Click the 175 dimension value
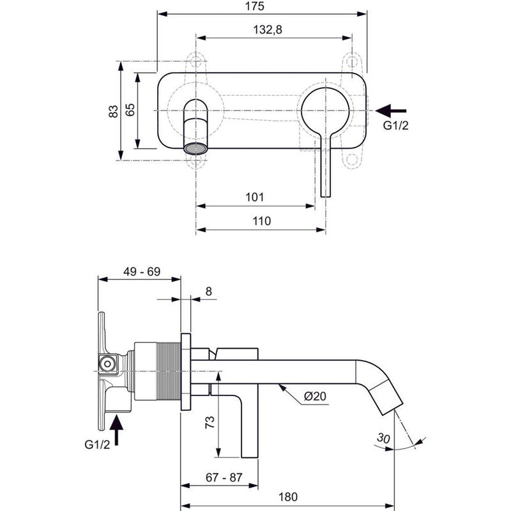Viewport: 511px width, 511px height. coord(254,6)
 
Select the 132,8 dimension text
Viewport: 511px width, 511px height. coord(267,29)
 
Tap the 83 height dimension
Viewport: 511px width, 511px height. coord(113,111)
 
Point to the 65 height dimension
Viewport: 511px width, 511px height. coord(130,110)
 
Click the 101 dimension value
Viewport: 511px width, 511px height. coord(254,197)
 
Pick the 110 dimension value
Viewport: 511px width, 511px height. coord(262,221)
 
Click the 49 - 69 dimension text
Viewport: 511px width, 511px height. coord(142,271)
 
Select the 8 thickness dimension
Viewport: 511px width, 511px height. coord(209,291)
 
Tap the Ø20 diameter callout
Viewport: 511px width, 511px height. coord(315,396)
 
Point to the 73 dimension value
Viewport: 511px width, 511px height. coord(210,422)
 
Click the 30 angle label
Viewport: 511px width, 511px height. coord(383,438)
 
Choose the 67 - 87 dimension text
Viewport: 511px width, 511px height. coord(224,477)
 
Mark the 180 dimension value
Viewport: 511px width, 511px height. coord(288,497)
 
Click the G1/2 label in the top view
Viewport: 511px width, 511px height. coord(395,125)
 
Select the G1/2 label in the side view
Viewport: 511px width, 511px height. coord(97,444)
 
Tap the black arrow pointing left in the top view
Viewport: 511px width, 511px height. coord(391,111)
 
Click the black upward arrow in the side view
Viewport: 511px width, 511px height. coord(116,429)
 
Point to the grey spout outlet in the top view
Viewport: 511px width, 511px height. coord(195,148)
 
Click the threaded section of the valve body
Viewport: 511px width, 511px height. coord(169,371)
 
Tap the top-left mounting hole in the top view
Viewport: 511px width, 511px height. coord(195,61)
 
